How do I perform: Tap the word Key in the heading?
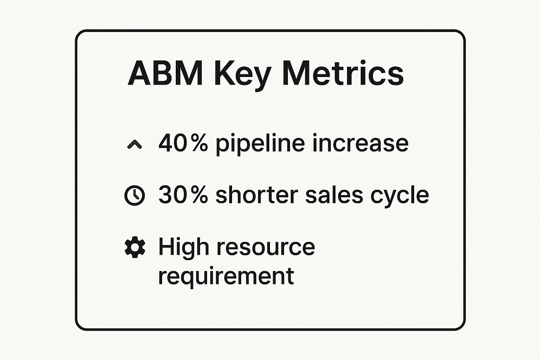tap(243, 75)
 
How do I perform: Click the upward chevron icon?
tap(134, 144)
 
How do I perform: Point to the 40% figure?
tap(183, 143)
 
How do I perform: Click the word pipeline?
tap(260, 144)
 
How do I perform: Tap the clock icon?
tap(135, 195)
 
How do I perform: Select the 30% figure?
tap(183, 195)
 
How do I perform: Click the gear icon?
tap(135, 247)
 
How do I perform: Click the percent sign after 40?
tap(199, 143)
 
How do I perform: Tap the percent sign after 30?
tap(199, 195)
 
